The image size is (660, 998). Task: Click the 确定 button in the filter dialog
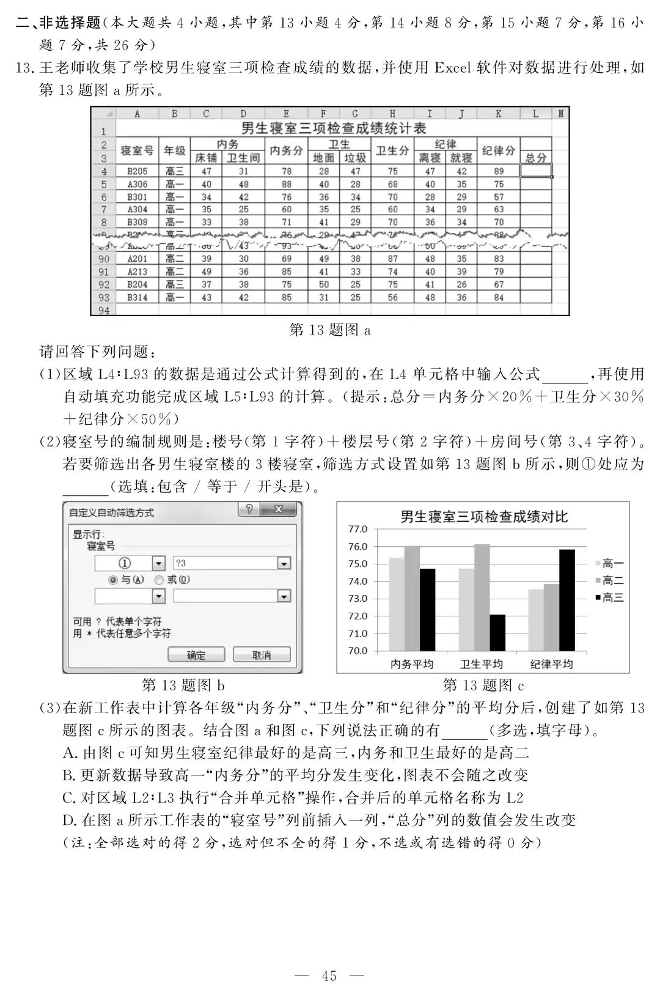pyautogui.click(x=196, y=655)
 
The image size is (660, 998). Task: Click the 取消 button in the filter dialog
pyautogui.click(x=262, y=655)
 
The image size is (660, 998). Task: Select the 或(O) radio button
pyautogui.click(x=159, y=580)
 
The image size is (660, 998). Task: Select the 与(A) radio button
pyautogui.click(x=113, y=580)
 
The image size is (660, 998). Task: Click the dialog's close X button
pyautogui.click(x=278, y=510)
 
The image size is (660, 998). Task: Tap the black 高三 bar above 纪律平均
pyautogui.click(x=566, y=600)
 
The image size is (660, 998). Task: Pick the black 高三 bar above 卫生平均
pyautogui.click(x=497, y=632)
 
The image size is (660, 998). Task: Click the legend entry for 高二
pyautogui.click(x=611, y=580)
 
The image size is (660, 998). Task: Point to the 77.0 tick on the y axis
pyautogui.click(x=358, y=529)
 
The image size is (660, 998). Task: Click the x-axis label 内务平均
pyautogui.click(x=412, y=664)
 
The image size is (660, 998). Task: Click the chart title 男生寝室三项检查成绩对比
pyautogui.click(x=484, y=517)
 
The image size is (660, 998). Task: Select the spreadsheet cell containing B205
pyautogui.click(x=137, y=171)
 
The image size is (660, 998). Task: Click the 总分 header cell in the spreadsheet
pyautogui.click(x=535, y=158)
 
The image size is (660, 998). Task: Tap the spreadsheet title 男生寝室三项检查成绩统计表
pyautogui.click(x=333, y=128)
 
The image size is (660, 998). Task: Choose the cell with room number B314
pyautogui.click(x=137, y=297)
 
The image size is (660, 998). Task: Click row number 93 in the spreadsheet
pyautogui.click(x=103, y=297)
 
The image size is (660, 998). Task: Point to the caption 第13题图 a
pyautogui.click(x=330, y=330)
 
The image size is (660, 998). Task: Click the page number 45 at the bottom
pyautogui.click(x=329, y=976)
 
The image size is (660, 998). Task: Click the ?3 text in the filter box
pyautogui.click(x=182, y=563)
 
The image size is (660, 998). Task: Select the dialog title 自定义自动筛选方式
pyautogui.click(x=111, y=512)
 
